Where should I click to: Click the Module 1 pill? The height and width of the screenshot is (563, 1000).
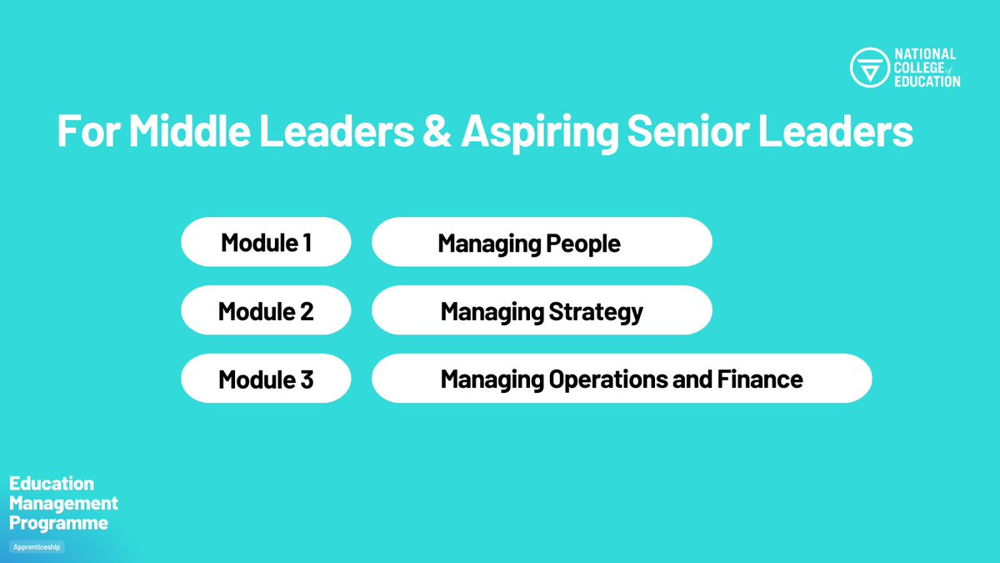266,243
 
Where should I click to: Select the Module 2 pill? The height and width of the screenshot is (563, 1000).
266,311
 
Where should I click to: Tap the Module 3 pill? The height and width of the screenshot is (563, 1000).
266,380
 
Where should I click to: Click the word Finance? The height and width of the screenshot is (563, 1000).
759,380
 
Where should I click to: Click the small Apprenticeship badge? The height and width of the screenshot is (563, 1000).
37,547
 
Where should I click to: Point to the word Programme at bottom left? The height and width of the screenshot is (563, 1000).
58,524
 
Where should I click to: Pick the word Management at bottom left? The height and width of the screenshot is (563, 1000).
63,504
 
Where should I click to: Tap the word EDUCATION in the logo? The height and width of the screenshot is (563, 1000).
927,81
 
